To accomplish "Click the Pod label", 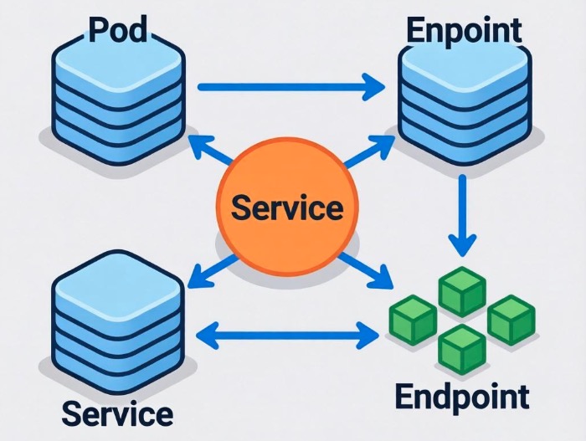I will coord(117,30).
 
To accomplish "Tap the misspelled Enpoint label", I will coord(463,30).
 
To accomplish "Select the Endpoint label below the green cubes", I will coord(462,396).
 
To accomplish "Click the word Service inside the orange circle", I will coord(287,206).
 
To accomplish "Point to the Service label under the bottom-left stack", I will coord(117,413).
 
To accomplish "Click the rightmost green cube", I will coord(511,319).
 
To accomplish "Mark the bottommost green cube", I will coord(462,347).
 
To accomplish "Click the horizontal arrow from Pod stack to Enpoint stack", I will coord(290,85).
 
